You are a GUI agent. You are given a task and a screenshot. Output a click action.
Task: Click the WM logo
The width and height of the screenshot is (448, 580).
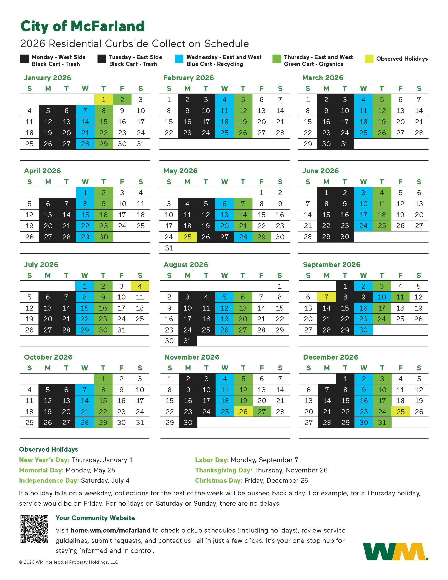point(395,552)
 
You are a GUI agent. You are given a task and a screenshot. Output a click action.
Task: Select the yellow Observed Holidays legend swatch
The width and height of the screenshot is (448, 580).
point(369,59)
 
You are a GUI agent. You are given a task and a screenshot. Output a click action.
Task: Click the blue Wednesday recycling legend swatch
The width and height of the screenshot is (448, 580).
point(179,59)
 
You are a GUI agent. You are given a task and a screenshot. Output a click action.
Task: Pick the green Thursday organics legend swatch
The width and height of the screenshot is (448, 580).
point(276,59)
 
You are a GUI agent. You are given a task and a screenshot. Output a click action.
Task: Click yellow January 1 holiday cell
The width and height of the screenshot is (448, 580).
point(104,100)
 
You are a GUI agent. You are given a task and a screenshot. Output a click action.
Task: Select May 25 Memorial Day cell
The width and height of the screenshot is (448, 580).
point(187,237)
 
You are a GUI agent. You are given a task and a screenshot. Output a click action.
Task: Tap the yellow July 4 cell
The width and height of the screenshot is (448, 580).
point(140,286)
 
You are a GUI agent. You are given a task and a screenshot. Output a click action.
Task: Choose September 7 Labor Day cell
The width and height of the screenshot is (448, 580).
point(327,297)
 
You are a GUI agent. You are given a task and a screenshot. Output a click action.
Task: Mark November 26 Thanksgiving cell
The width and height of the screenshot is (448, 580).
point(243,412)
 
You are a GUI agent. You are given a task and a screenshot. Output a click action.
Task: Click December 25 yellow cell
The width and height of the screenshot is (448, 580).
point(401,412)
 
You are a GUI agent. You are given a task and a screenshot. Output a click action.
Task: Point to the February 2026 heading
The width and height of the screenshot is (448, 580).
point(188,78)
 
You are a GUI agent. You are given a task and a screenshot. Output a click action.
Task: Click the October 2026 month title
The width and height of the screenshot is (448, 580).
point(48,357)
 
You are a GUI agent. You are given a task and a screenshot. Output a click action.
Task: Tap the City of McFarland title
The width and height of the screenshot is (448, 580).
point(82,26)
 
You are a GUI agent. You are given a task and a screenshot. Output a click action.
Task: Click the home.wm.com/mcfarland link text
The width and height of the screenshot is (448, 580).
point(110,530)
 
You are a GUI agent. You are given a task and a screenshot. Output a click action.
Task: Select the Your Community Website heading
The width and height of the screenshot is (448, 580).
point(95,518)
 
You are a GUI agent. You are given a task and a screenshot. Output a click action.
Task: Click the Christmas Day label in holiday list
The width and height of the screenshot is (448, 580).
point(218,480)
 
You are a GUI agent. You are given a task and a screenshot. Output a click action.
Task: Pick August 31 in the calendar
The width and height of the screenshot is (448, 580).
point(188,341)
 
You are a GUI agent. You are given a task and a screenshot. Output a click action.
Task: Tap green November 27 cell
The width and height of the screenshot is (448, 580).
point(262,412)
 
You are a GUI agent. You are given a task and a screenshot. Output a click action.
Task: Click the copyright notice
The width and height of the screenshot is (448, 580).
point(69,562)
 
